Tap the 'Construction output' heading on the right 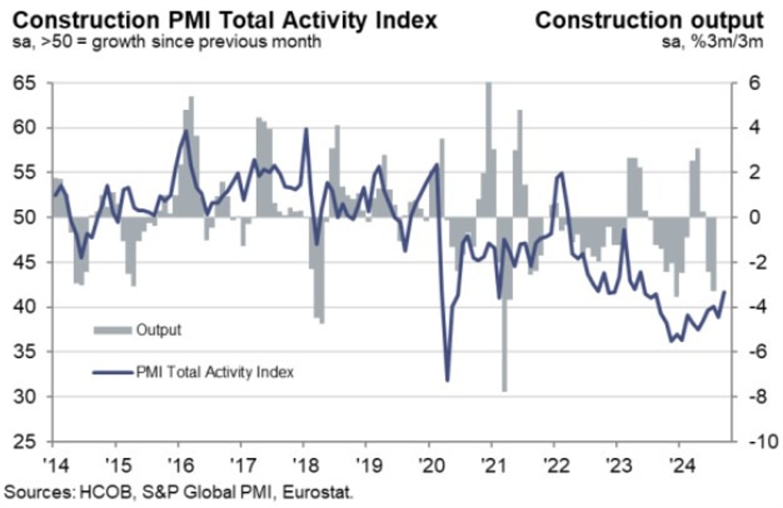tap(649, 19)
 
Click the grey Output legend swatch tap(112, 330)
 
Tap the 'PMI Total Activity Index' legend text tap(214, 372)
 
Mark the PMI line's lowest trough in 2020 tap(447, 380)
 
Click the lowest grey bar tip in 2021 tap(504, 391)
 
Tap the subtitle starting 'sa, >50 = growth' tap(165, 41)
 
